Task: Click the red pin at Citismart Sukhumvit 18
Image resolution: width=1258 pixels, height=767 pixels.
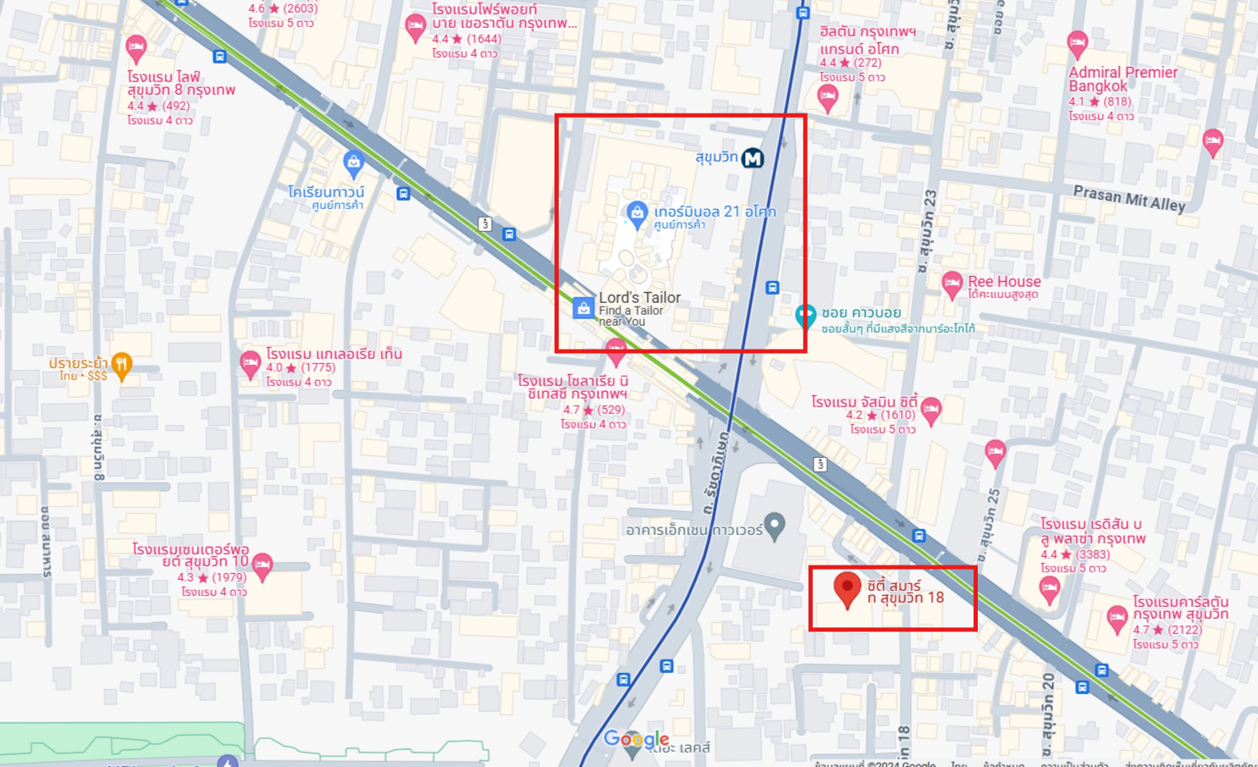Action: coord(847,588)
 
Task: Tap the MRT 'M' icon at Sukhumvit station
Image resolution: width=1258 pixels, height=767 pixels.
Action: coord(753,158)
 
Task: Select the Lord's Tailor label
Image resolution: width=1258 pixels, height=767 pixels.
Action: coord(639,298)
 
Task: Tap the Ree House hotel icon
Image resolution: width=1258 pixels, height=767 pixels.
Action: coord(952,284)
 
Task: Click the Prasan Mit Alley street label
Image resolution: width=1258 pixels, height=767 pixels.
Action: coord(1129,198)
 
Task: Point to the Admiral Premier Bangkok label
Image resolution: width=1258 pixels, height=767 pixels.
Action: coord(1123,79)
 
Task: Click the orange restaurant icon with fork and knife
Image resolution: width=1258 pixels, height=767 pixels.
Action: coord(122,366)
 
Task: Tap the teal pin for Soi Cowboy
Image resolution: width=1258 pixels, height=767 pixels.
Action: coord(805,317)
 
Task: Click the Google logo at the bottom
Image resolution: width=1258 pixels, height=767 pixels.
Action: coord(636,740)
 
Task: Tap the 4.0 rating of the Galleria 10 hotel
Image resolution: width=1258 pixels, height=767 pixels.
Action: coord(274,367)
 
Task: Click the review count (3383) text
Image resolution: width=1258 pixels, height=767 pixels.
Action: coord(1093,555)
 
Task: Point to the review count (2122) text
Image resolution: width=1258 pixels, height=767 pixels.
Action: coord(1184,630)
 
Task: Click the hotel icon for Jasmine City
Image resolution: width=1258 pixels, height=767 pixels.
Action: coord(931,410)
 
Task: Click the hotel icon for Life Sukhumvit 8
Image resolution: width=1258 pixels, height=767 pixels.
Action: coord(135,47)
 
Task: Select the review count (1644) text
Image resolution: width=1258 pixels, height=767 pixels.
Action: coord(484,39)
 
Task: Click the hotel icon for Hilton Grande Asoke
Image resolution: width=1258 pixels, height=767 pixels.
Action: coord(828,97)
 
